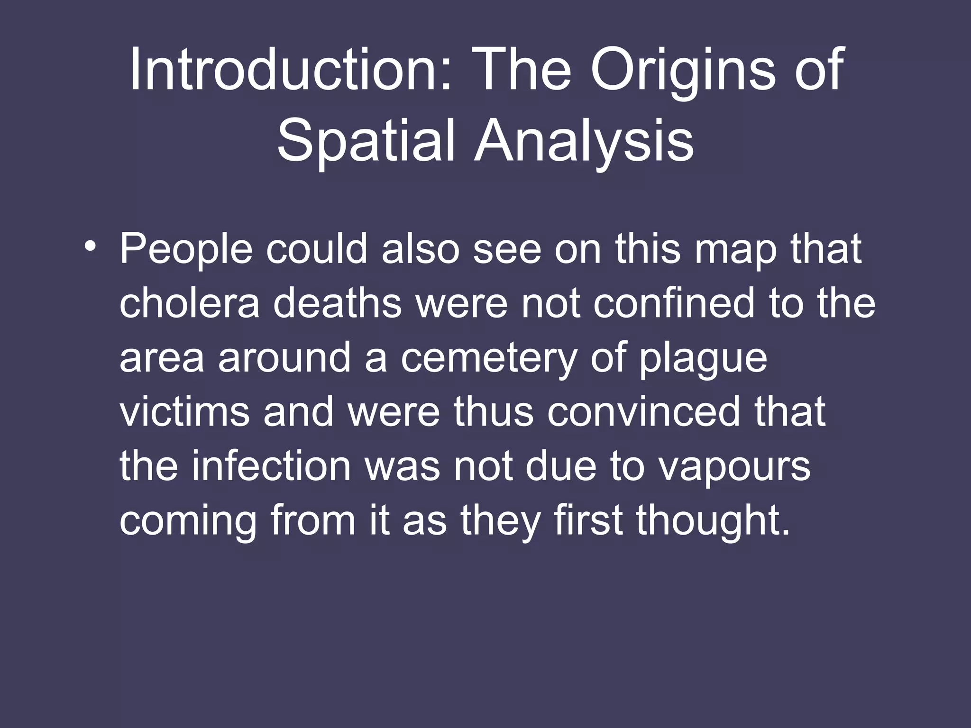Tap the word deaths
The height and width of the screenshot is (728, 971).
coord(337,303)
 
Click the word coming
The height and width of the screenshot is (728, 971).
coord(188,521)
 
